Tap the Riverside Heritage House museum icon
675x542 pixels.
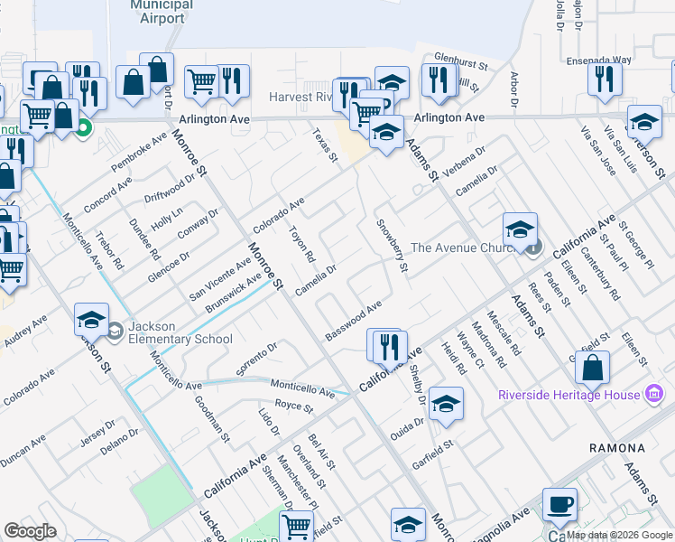(x=655, y=395)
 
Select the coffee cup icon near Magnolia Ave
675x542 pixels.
(x=559, y=505)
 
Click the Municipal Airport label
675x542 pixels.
(x=162, y=11)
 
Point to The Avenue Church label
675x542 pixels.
(x=462, y=248)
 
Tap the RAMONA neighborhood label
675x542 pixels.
(x=617, y=448)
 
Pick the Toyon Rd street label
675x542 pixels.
(x=301, y=243)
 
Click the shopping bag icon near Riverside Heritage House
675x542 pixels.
(x=592, y=368)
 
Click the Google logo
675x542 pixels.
(x=31, y=531)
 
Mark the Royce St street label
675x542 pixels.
(x=293, y=406)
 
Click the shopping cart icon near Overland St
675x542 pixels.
(x=296, y=526)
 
